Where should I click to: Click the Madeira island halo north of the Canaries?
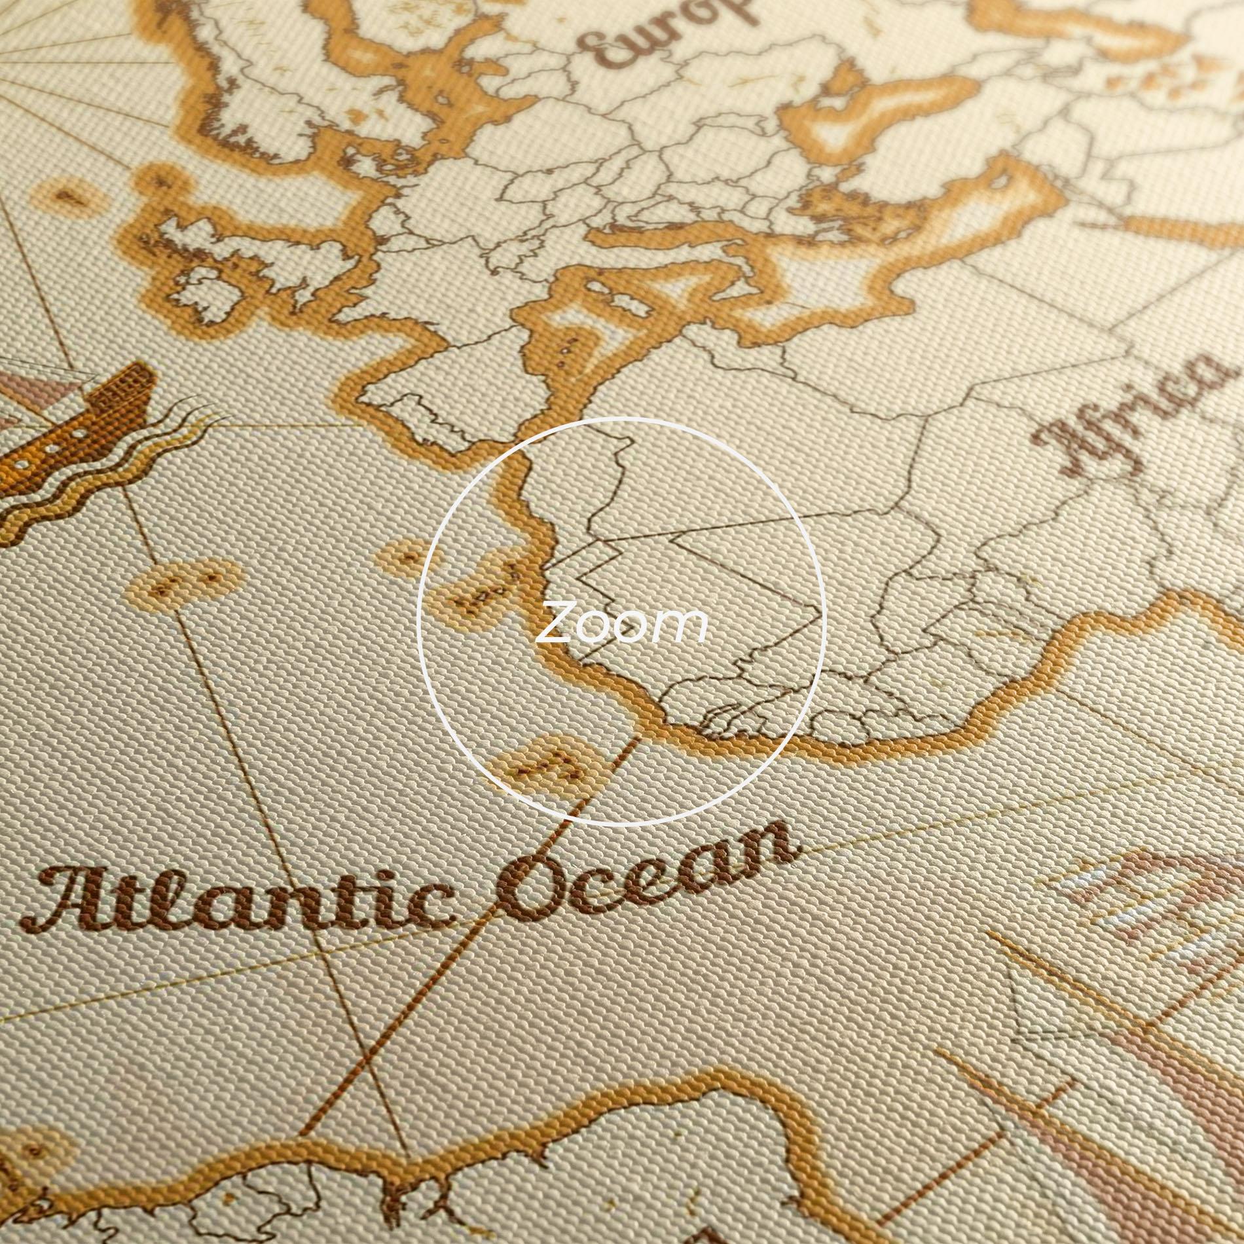(x=409, y=557)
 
